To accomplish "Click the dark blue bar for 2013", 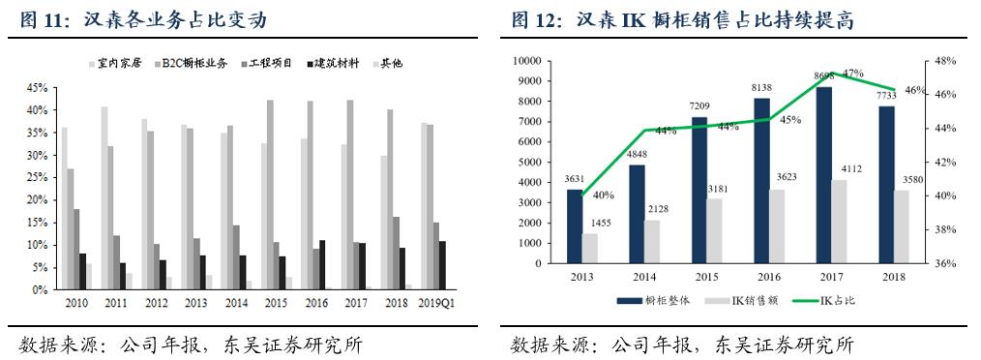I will coord(574,225).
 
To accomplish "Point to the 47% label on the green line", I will coord(853,74).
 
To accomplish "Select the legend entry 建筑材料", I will coord(333,63).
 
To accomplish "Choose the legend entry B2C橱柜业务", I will coord(194,63).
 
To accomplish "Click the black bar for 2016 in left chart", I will coord(322,264).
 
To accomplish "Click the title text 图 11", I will coord(41,19).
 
